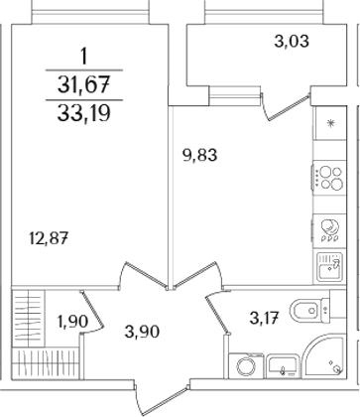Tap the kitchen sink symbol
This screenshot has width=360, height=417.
pyautogui.click(x=328, y=266)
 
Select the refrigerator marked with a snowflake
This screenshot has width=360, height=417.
pyautogui.click(x=328, y=128)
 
